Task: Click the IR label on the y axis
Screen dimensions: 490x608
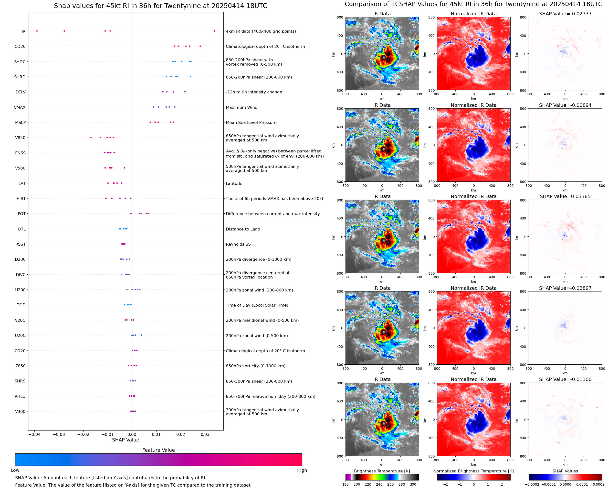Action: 23,31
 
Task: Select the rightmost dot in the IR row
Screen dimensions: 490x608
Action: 214,31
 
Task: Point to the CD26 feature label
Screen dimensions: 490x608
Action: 20,47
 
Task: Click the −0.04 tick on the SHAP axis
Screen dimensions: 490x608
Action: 34,434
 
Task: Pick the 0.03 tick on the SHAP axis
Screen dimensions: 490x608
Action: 205,434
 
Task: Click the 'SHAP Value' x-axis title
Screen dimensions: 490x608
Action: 126,440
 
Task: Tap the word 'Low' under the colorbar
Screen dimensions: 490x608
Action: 15,470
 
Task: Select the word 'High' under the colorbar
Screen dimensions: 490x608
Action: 302,470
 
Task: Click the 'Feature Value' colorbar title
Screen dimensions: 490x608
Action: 158,450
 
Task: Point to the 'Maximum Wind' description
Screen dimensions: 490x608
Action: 241,108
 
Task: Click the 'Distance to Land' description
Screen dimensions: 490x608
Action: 243,229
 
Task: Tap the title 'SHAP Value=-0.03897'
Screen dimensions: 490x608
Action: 565,288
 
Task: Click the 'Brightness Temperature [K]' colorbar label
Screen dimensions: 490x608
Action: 382,471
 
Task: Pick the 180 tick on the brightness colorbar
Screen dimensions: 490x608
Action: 346,484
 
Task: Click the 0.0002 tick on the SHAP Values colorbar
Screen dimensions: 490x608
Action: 598,484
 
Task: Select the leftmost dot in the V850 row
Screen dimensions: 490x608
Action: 91,138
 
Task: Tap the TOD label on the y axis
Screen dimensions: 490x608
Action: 21,305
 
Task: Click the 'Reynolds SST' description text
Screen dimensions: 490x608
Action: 240,244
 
